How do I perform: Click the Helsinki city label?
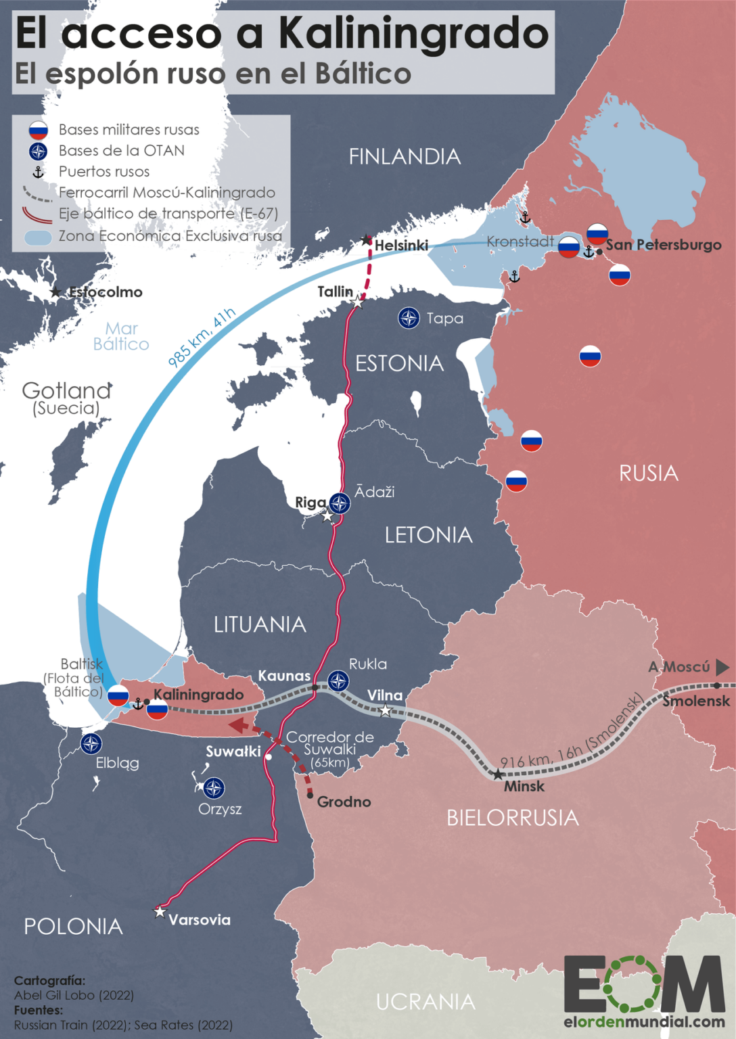[401, 245]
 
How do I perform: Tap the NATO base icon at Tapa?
[409, 318]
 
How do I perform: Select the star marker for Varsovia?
[160, 912]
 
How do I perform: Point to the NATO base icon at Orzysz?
[214, 788]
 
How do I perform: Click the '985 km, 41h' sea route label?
[202, 337]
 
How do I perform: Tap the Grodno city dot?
[310, 795]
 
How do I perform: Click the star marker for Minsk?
[498, 775]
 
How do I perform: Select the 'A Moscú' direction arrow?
[722, 667]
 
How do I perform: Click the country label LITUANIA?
[260, 624]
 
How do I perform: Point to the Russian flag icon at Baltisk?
[118, 695]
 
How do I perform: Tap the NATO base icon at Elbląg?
[91, 744]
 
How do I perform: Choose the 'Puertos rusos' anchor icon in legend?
[39, 172]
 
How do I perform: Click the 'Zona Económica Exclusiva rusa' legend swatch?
[38, 237]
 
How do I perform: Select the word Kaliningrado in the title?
[413, 32]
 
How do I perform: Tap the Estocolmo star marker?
[56, 292]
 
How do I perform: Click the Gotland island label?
[66, 391]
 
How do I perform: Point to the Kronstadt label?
[520, 241]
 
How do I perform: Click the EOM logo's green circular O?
[632, 984]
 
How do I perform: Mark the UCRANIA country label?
[425, 1002]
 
